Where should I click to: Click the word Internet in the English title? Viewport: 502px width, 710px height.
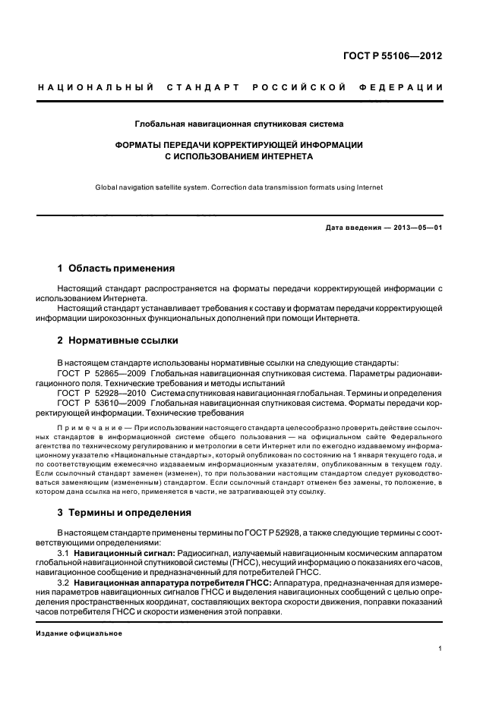click(369, 187)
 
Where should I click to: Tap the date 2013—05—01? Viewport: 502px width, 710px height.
click(417, 228)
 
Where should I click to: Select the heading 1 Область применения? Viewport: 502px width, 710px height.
click(116, 269)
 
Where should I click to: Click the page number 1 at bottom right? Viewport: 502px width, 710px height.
click(440, 649)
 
